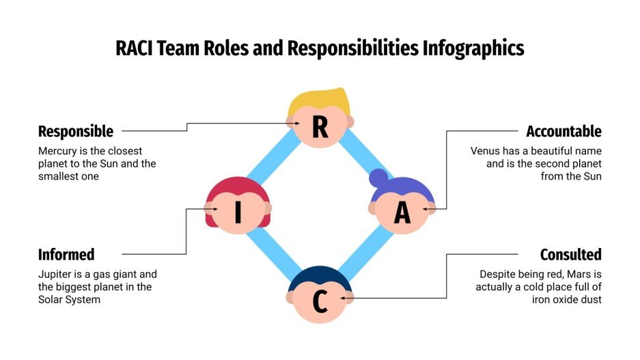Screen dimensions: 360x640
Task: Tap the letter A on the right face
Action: (x=402, y=213)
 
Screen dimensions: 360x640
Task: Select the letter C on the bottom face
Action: (x=320, y=303)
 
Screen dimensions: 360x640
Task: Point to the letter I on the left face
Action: (x=238, y=213)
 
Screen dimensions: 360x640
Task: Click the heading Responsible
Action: (x=76, y=131)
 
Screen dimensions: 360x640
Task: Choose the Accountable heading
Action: (x=564, y=131)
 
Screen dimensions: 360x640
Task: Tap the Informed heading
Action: (x=66, y=255)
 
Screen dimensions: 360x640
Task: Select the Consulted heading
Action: (x=570, y=255)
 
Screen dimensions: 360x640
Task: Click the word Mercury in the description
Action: (x=57, y=150)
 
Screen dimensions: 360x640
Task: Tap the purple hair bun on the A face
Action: (x=378, y=179)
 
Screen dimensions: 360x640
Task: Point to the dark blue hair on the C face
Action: (x=320, y=277)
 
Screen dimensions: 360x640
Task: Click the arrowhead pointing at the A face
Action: (x=426, y=209)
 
